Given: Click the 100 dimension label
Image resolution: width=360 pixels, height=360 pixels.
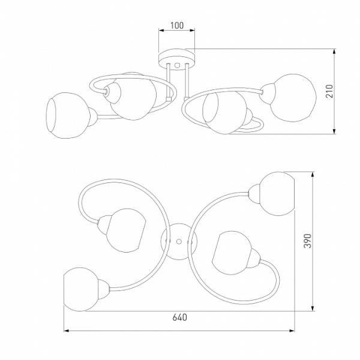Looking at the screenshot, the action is pos(177,25).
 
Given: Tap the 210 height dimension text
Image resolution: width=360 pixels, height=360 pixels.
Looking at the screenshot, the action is pos(329,91).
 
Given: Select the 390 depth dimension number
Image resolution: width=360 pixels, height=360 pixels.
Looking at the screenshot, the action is pos(308,241).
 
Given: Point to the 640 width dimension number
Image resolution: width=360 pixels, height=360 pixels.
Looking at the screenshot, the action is pos(179,317).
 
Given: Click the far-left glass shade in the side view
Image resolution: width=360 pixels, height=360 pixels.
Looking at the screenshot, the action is pos(68,115).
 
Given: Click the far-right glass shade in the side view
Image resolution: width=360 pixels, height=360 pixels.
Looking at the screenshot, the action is pos(293,98).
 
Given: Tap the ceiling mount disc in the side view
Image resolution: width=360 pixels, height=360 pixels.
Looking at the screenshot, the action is pos(177,59).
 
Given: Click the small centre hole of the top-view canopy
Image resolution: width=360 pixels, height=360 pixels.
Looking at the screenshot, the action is pos(179,242).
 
